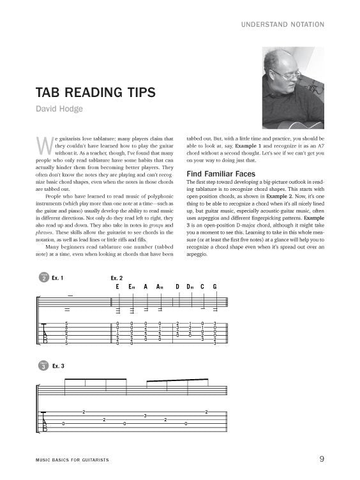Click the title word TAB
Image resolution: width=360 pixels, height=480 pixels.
click(x=58, y=93)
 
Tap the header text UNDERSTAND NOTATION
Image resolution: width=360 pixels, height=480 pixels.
click(x=283, y=25)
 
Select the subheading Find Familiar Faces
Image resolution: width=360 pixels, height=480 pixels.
click(x=220, y=174)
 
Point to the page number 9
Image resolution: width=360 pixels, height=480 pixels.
click(x=322, y=458)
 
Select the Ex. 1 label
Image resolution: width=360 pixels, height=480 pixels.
click(x=58, y=278)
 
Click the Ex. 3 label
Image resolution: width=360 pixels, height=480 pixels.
click(x=58, y=365)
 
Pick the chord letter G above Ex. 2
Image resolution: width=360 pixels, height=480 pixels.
click(x=215, y=287)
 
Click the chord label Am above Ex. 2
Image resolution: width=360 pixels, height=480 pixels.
click(x=160, y=287)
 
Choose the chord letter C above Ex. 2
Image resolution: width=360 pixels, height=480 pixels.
click(x=202, y=287)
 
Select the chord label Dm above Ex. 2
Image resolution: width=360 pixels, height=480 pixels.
click(x=189, y=287)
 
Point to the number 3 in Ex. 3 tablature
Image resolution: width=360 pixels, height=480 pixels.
click(x=145, y=416)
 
